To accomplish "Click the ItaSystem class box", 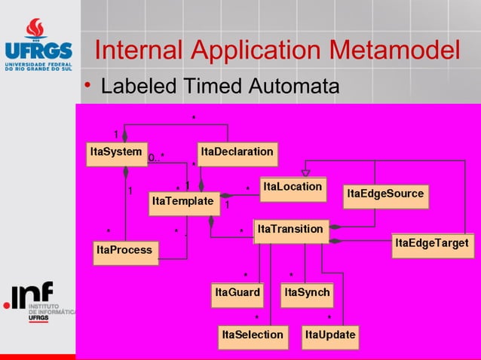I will (116, 152).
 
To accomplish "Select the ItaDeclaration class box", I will (237, 152).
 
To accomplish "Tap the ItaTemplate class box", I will (183, 202).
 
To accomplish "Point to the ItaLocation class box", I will (293, 187).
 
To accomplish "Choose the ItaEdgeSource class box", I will (385, 194).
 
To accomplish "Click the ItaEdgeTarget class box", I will (432, 244).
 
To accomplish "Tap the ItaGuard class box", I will (237, 293).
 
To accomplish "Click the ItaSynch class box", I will (307, 293).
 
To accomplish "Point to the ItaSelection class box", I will (252, 335).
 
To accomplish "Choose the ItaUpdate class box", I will (329, 335).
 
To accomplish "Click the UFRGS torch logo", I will (35, 30).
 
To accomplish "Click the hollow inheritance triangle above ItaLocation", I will (305, 172).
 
